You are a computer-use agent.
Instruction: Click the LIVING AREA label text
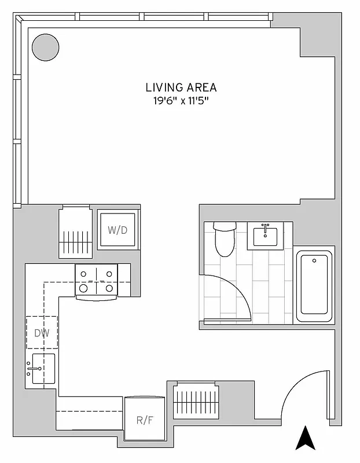(x=181, y=87)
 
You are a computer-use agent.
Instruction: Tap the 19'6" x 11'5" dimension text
(x=181, y=101)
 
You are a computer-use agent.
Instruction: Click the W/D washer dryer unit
(x=117, y=230)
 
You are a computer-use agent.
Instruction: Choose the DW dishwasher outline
(x=41, y=332)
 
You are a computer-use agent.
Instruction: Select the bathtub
(x=314, y=287)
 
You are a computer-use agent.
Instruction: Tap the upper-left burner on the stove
(x=84, y=274)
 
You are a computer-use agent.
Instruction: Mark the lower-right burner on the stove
(x=109, y=287)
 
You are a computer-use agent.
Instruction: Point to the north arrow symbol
(x=304, y=438)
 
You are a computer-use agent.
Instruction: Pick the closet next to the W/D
(x=75, y=231)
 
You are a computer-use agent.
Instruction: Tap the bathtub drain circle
(x=314, y=262)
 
